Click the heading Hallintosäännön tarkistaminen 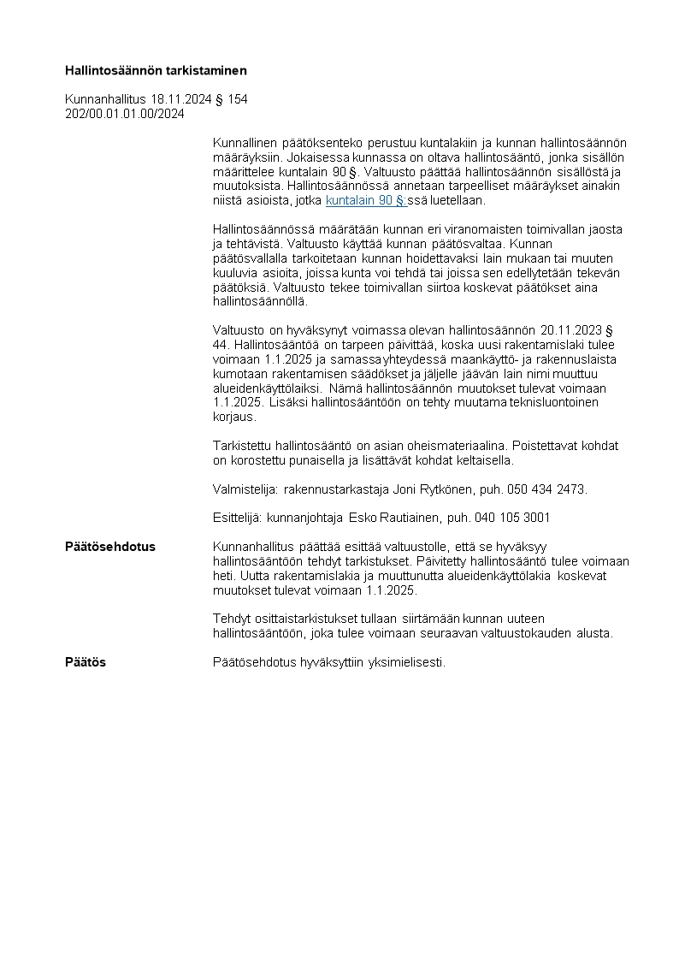156,70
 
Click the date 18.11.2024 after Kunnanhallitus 180,99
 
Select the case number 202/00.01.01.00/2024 125,113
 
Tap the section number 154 238,99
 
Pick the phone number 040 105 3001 512,518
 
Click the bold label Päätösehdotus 110,547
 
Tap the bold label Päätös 86,662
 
